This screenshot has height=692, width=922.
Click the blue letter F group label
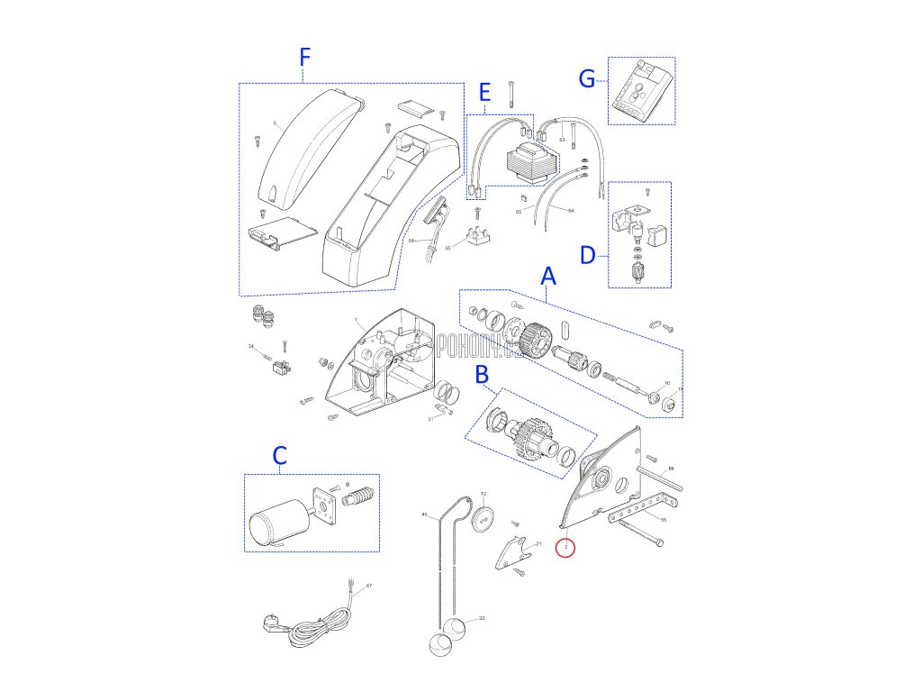tap(304, 58)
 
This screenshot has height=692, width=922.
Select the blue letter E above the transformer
tap(484, 91)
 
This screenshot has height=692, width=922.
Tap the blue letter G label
tap(587, 80)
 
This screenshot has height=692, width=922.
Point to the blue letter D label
tap(587, 255)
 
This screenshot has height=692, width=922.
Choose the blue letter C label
tap(279, 456)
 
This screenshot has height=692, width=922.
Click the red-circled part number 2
tap(565, 547)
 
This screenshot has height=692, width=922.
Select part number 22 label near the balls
tap(482, 618)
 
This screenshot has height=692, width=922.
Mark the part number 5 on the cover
tap(275, 123)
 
